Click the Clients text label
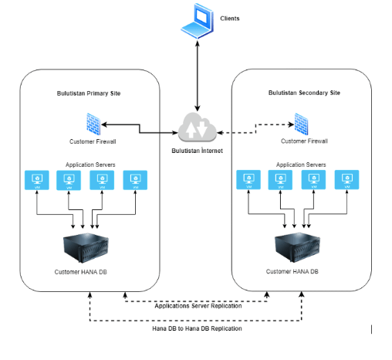[230, 17]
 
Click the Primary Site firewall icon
[93, 124]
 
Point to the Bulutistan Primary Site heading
[89, 93]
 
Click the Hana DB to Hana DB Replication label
[197, 328]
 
